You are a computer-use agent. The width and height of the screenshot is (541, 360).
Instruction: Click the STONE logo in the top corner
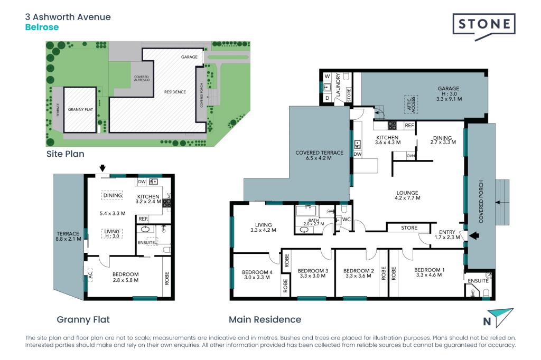point(483,25)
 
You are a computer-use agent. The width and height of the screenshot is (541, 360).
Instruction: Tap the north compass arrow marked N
point(499,318)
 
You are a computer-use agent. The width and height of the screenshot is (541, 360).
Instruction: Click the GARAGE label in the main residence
point(448,89)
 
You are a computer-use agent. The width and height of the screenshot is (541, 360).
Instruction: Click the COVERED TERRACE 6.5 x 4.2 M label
point(319,153)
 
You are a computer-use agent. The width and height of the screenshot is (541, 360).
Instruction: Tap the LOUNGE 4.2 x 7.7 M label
point(407,193)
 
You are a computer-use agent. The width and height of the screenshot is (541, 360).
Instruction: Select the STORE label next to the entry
point(409,228)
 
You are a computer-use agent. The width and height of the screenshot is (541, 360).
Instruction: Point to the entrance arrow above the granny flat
point(102,168)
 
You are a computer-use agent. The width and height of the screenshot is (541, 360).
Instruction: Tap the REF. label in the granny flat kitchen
point(143,219)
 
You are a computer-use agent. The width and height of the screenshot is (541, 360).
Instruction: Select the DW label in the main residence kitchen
point(357,155)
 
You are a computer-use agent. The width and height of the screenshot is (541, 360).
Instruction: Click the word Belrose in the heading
point(42,27)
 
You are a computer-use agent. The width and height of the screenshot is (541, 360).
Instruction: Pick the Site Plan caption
point(64,154)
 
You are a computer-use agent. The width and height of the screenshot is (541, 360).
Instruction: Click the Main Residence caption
point(265,319)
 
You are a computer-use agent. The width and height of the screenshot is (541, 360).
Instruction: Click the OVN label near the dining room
point(411,156)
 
